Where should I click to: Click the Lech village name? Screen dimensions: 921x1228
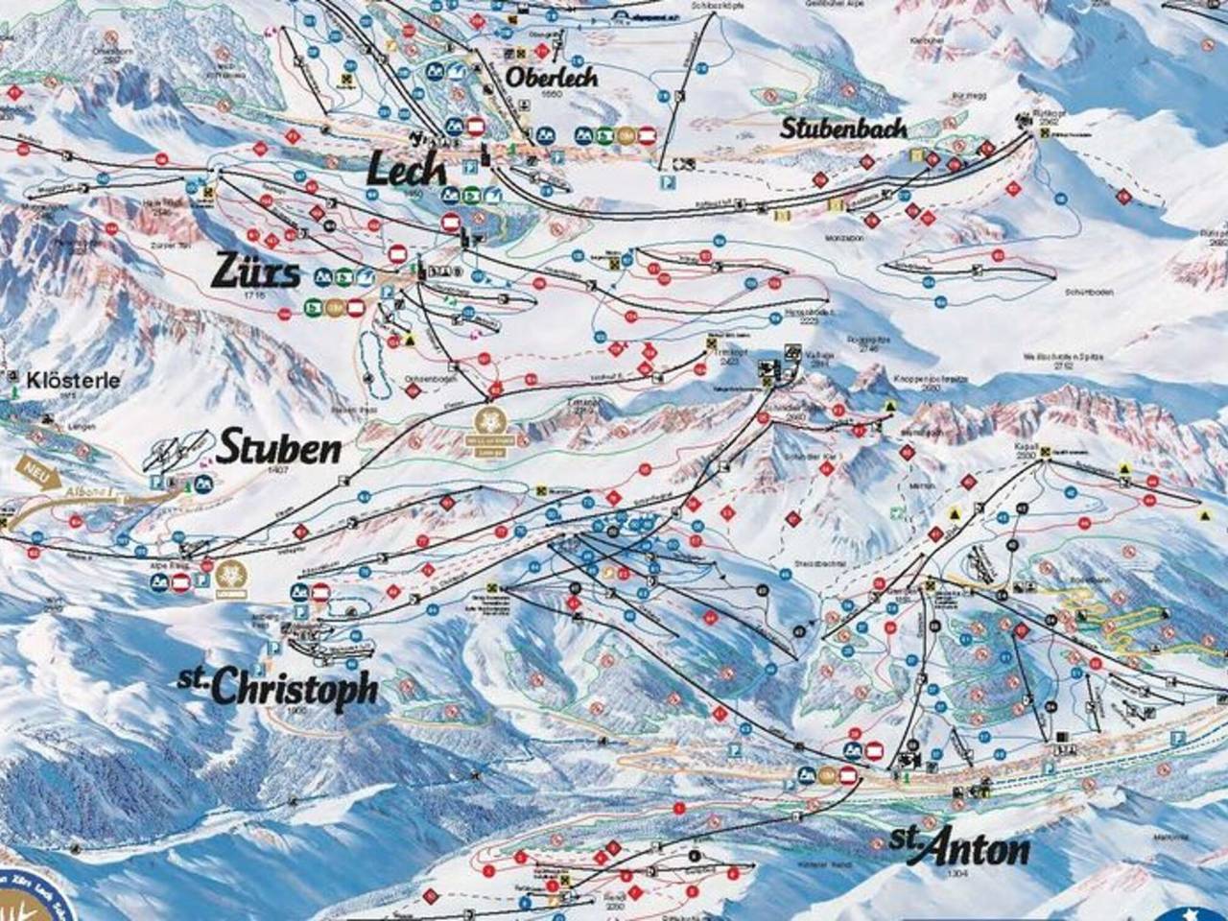coord(408,170)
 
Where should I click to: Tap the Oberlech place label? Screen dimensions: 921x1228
coord(553,77)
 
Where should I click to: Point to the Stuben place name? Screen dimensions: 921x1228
coord(279,447)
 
